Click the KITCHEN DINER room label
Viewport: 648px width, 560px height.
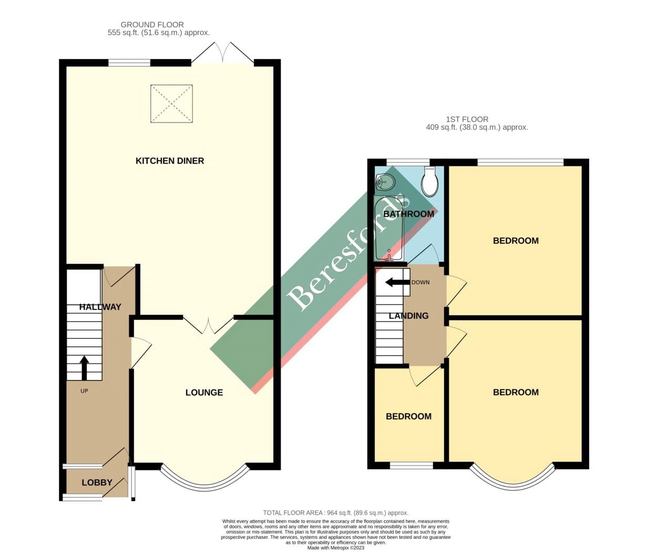tap(170, 161)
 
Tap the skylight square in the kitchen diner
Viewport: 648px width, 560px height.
tap(171, 104)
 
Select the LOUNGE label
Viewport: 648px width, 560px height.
tap(204, 393)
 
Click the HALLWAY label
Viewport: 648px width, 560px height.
tap(100, 307)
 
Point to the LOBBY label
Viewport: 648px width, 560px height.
tap(97, 483)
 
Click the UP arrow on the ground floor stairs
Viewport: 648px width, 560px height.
tap(84, 367)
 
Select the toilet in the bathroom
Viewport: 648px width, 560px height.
tap(430, 181)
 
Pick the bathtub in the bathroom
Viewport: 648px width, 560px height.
tap(388, 229)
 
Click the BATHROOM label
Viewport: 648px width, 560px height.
tap(408, 214)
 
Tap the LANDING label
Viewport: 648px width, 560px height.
tap(408, 316)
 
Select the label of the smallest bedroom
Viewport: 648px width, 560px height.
tap(408, 416)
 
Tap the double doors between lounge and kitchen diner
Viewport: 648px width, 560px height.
tap(208, 326)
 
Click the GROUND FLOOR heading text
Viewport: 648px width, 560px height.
tap(152, 25)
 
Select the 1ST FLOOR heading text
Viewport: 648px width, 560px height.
tap(467, 119)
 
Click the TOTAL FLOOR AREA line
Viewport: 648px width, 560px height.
tap(335, 513)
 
